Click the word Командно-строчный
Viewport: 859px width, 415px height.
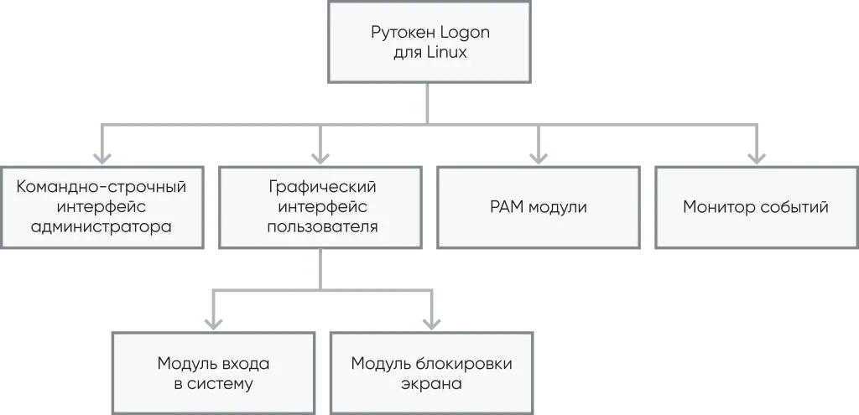tap(102, 186)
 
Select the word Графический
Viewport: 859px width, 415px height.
tap(322, 186)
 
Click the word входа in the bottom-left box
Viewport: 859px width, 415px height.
tap(244, 364)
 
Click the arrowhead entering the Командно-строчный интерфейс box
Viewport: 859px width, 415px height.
tap(102, 155)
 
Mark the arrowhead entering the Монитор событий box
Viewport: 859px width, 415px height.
tap(755, 155)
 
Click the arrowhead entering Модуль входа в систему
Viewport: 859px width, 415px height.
tap(216, 321)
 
